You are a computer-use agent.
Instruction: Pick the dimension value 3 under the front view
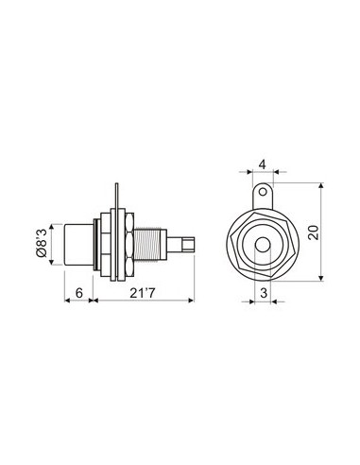click(263, 294)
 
